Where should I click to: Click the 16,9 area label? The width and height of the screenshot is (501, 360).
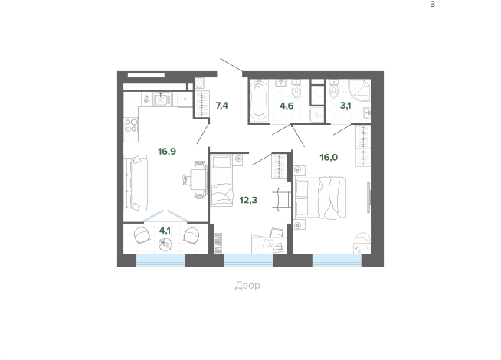pyautogui.click(x=167, y=151)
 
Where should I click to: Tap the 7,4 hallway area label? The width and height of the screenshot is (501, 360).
pyautogui.click(x=221, y=106)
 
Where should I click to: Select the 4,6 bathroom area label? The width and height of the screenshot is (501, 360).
pyautogui.click(x=287, y=106)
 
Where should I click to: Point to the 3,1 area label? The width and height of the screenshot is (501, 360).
pyautogui.click(x=345, y=106)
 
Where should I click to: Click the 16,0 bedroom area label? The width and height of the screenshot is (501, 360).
pyautogui.click(x=329, y=157)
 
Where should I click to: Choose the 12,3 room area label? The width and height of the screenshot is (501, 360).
pyautogui.click(x=248, y=200)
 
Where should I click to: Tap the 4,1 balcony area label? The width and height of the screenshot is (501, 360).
pyautogui.click(x=165, y=231)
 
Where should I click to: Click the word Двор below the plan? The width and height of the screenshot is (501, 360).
pyautogui.click(x=247, y=285)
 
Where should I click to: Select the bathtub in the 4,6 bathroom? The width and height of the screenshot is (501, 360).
pyautogui.click(x=258, y=100)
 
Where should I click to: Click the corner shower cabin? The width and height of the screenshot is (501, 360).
pyautogui.click(x=359, y=90)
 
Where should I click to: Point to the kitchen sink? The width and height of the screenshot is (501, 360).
pyautogui.click(x=162, y=100)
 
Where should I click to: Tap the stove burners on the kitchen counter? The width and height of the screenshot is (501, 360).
pyautogui.click(x=131, y=125)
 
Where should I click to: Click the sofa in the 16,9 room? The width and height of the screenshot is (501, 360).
pyautogui.click(x=136, y=183)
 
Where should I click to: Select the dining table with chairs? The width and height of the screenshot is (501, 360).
pyautogui.click(x=195, y=180)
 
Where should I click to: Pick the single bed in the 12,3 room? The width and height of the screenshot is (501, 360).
pyautogui.click(x=221, y=180)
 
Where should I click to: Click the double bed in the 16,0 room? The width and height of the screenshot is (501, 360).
pyautogui.click(x=320, y=198)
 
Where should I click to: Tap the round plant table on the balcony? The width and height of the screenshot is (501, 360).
pyautogui.click(x=165, y=244)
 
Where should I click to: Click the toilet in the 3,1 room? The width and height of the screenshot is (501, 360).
pyautogui.click(x=333, y=90)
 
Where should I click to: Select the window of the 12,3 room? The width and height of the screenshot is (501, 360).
pyautogui.click(x=249, y=260)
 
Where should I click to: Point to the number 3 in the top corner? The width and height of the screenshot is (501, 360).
pyautogui.click(x=433, y=4)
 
